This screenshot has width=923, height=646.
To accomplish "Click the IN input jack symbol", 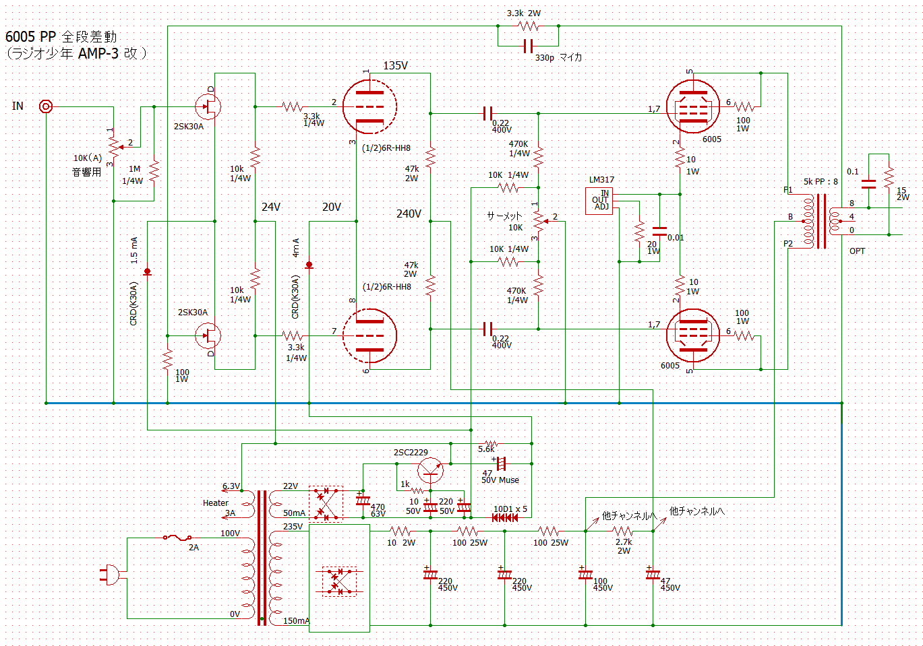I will pos(46,106).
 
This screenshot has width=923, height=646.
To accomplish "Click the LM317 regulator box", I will pos(600,200).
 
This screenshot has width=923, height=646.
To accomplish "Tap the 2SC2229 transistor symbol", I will pos(429,470).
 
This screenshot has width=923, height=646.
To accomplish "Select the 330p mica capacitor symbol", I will pos(528,46).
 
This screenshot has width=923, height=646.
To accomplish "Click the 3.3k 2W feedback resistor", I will pos(528,26).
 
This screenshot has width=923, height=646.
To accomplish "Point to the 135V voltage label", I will pos(395,66).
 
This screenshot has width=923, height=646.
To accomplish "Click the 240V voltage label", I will pos(409,214).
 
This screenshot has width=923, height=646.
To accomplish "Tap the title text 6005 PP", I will pos(30,37).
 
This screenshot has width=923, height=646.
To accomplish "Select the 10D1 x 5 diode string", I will pos(505,517).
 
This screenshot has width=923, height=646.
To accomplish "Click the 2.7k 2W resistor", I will pos(624,531).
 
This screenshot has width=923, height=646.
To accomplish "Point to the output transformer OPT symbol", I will pos(821,221).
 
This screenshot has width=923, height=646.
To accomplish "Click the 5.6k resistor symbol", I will pos(490,443).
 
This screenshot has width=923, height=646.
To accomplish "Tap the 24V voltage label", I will pos(271,207).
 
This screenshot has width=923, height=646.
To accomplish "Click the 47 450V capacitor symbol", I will pos(653,575).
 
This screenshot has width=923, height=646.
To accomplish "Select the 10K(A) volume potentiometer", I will pos(114,144).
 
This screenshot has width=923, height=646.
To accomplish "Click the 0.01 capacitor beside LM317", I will pos(659,230).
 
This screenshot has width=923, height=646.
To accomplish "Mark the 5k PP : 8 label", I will pos(821,182).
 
